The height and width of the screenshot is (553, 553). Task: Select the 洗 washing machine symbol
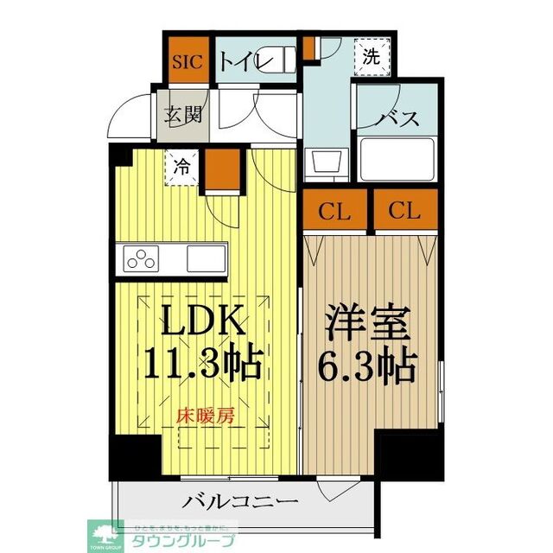(x=371, y=58)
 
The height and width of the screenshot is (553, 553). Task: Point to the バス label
(x=399, y=118)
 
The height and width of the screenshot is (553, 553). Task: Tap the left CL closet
(x=335, y=209)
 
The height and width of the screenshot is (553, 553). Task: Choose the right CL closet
(x=404, y=209)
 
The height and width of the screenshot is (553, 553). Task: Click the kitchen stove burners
(x=143, y=257)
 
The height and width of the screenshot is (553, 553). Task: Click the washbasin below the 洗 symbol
(x=326, y=162)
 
